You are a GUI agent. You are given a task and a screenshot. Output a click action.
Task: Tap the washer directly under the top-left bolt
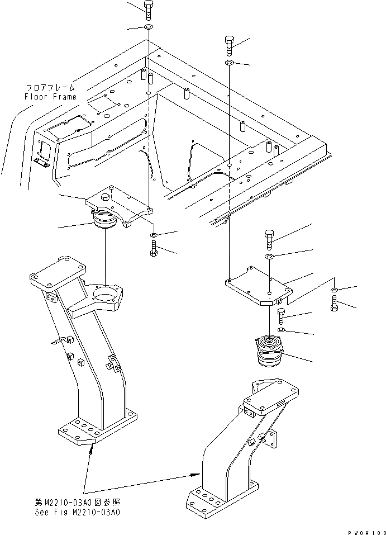148,27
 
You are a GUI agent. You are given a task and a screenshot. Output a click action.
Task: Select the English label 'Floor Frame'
50,97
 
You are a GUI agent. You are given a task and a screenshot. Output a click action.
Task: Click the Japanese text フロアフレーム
50,88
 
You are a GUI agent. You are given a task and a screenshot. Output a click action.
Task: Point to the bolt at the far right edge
334,305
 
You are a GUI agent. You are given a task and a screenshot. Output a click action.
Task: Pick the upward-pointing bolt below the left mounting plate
153,249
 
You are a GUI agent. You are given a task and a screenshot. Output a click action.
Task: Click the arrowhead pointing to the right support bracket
196,474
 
